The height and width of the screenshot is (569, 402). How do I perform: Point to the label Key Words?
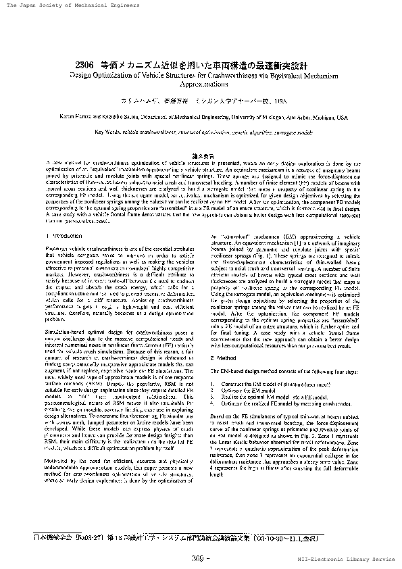(x=106, y=132)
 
